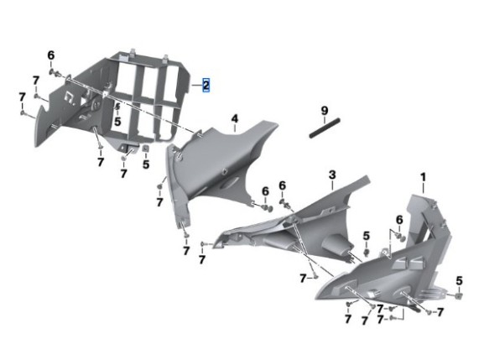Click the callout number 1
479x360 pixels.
click(x=423, y=177)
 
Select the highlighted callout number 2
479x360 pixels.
click(x=206, y=86)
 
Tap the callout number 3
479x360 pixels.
click(x=332, y=175)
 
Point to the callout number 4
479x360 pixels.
click(x=234, y=118)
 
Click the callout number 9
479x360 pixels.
click(x=325, y=110)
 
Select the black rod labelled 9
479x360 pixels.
click(x=325, y=128)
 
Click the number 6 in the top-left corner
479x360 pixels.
click(x=51, y=55)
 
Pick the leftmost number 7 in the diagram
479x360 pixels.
click(x=22, y=97)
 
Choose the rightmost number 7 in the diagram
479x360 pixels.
click(x=440, y=312)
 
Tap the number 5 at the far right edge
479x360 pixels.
click(x=459, y=280)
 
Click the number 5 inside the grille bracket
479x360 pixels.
click(x=117, y=122)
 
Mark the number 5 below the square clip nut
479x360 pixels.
click(x=146, y=164)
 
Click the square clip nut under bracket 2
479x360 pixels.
click(x=146, y=149)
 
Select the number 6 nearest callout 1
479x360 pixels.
click(x=399, y=220)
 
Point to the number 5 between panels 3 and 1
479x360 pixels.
click(x=367, y=236)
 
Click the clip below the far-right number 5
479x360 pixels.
click(x=459, y=295)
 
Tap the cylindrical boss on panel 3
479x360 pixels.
click(x=336, y=244)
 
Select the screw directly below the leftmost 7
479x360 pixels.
click(x=23, y=113)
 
